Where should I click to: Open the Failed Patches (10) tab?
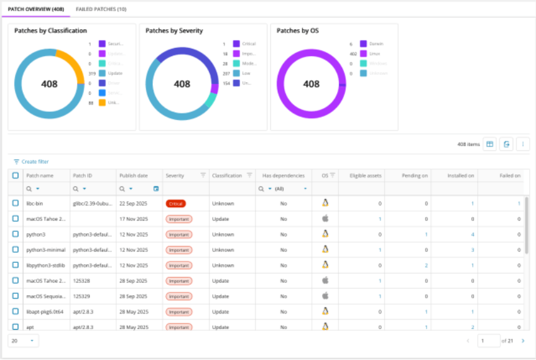pos(100,9)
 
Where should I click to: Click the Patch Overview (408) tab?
pos(35,9)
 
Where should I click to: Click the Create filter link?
pos(31,162)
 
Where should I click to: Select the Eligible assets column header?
pos(366,176)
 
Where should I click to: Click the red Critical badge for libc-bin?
pos(176,203)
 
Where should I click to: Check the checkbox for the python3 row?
pos(16,234)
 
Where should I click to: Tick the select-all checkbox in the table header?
pos(16,176)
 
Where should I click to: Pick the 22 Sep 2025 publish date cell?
pos(133,203)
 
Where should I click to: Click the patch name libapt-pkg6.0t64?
pos(44,311)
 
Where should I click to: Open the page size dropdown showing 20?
pos(24,340)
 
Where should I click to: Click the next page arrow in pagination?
pos(523,341)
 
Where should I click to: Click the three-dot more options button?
pos(523,144)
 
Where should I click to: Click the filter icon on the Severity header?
pos(203,175)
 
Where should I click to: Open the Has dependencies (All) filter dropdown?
pos(306,189)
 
